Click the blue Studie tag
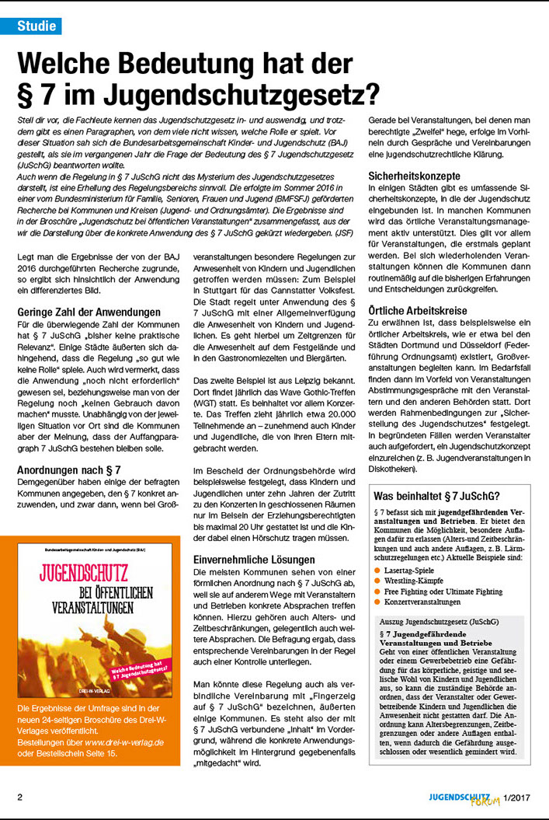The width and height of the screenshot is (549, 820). (x=38, y=26)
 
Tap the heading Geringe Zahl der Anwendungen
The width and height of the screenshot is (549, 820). (x=89, y=312)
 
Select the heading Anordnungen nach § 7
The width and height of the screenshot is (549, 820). (x=68, y=469)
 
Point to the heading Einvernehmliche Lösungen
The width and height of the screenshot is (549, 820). (x=254, y=560)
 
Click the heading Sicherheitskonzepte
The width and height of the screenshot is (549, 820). (x=417, y=176)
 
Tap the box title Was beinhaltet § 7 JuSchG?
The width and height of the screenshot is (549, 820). (x=436, y=496)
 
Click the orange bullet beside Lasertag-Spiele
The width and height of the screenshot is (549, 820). (x=377, y=571)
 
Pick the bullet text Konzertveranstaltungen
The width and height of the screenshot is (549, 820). (x=422, y=602)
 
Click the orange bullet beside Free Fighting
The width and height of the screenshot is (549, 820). (x=377, y=591)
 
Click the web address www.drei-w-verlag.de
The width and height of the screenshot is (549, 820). (x=125, y=743)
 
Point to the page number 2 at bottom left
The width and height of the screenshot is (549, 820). (x=20, y=797)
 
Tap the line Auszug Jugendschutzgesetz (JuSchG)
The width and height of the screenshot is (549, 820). (x=434, y=623)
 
